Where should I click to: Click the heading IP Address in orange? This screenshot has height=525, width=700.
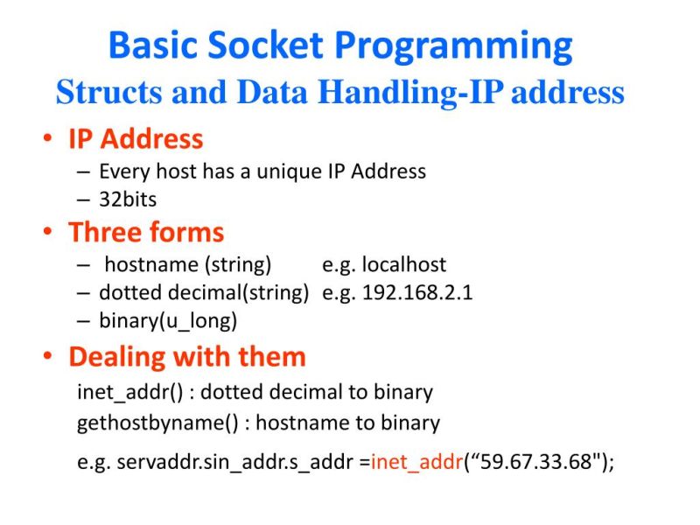pos(136,138)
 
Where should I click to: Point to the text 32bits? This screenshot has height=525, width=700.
pos(128,199)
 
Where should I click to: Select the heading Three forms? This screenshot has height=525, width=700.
pos(146,232)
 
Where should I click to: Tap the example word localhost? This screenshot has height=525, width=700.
pos(403,265)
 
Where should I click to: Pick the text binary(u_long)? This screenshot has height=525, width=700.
pos(168,320)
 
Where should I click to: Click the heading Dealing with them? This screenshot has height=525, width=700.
pos(187,357)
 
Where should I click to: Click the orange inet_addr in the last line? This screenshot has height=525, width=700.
pos(416,462)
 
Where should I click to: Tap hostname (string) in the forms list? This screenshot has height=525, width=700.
pos(187,265)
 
